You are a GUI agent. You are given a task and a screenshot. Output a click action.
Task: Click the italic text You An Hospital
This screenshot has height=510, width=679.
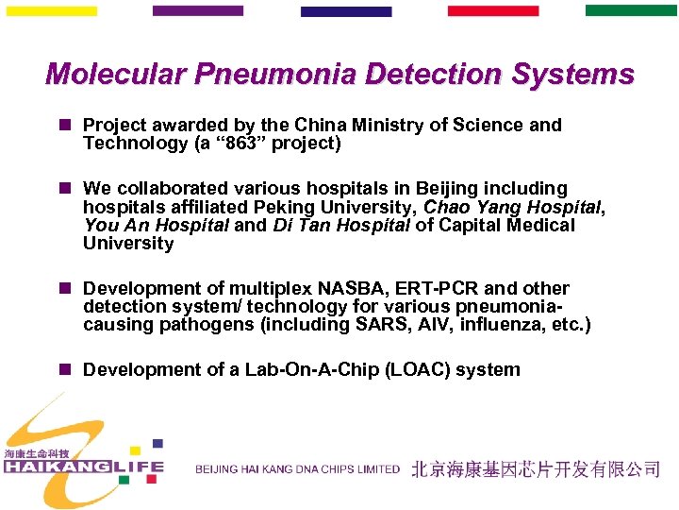tap(155, 225)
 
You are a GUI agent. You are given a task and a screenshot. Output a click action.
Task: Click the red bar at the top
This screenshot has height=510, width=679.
tap(492, 11)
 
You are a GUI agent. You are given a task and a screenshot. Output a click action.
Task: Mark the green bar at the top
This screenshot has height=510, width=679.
tap(630, 11)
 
